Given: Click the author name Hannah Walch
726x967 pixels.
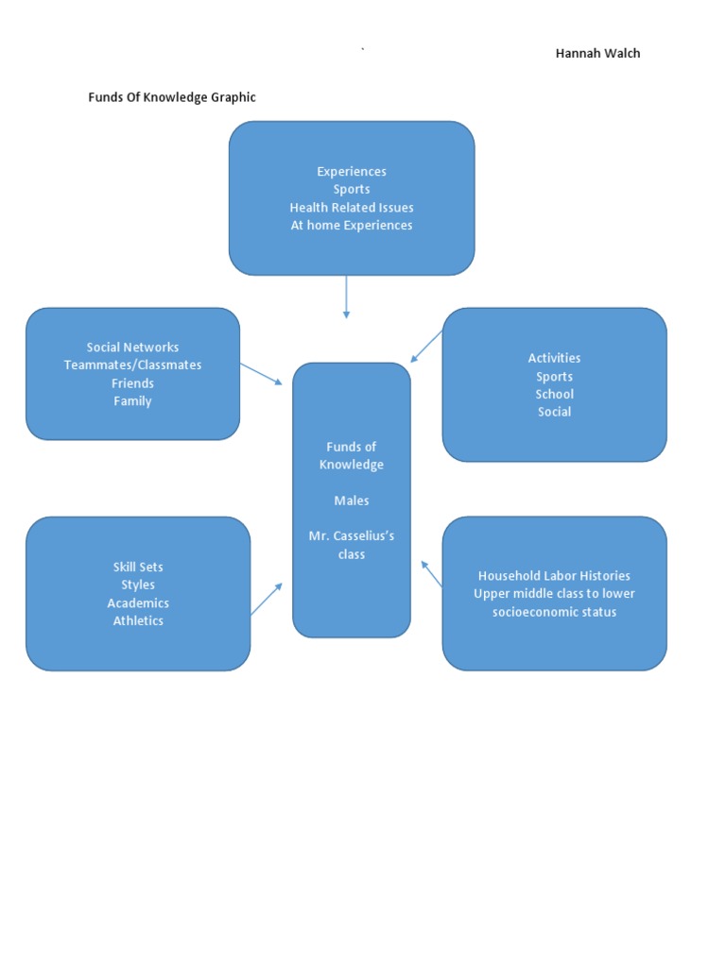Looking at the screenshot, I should pos(597,53).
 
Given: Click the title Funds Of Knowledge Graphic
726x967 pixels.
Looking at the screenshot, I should pos(172,97).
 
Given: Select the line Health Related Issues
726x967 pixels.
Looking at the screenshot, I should pos(352,208).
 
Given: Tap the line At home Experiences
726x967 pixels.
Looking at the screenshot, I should pos(352,226).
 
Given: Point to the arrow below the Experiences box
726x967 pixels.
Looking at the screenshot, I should pos(347,297).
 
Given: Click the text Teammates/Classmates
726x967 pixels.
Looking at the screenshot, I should pos(132,365).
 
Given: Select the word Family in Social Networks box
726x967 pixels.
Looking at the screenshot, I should pos(132,401).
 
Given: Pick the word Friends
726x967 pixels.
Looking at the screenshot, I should pos(132,383).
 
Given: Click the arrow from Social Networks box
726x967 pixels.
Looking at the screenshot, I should pos(262,374).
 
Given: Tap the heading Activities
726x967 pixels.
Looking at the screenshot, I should pos(554,358).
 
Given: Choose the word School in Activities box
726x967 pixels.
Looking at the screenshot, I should pos(554,394).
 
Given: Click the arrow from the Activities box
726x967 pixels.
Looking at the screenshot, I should pos(427,347).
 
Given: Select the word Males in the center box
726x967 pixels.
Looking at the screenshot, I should pos(352,500).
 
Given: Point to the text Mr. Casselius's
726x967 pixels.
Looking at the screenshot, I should pos(352,536).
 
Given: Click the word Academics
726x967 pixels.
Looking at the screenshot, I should pos(138,603).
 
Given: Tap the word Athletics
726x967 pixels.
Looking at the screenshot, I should pos(138,621).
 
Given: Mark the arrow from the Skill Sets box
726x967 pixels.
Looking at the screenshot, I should pos(267,599).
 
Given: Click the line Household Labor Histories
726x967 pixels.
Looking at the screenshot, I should pos(554,576).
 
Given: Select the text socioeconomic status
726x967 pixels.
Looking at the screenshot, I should pos(554,612).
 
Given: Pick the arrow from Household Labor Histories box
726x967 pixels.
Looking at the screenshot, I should pos(432,574).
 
